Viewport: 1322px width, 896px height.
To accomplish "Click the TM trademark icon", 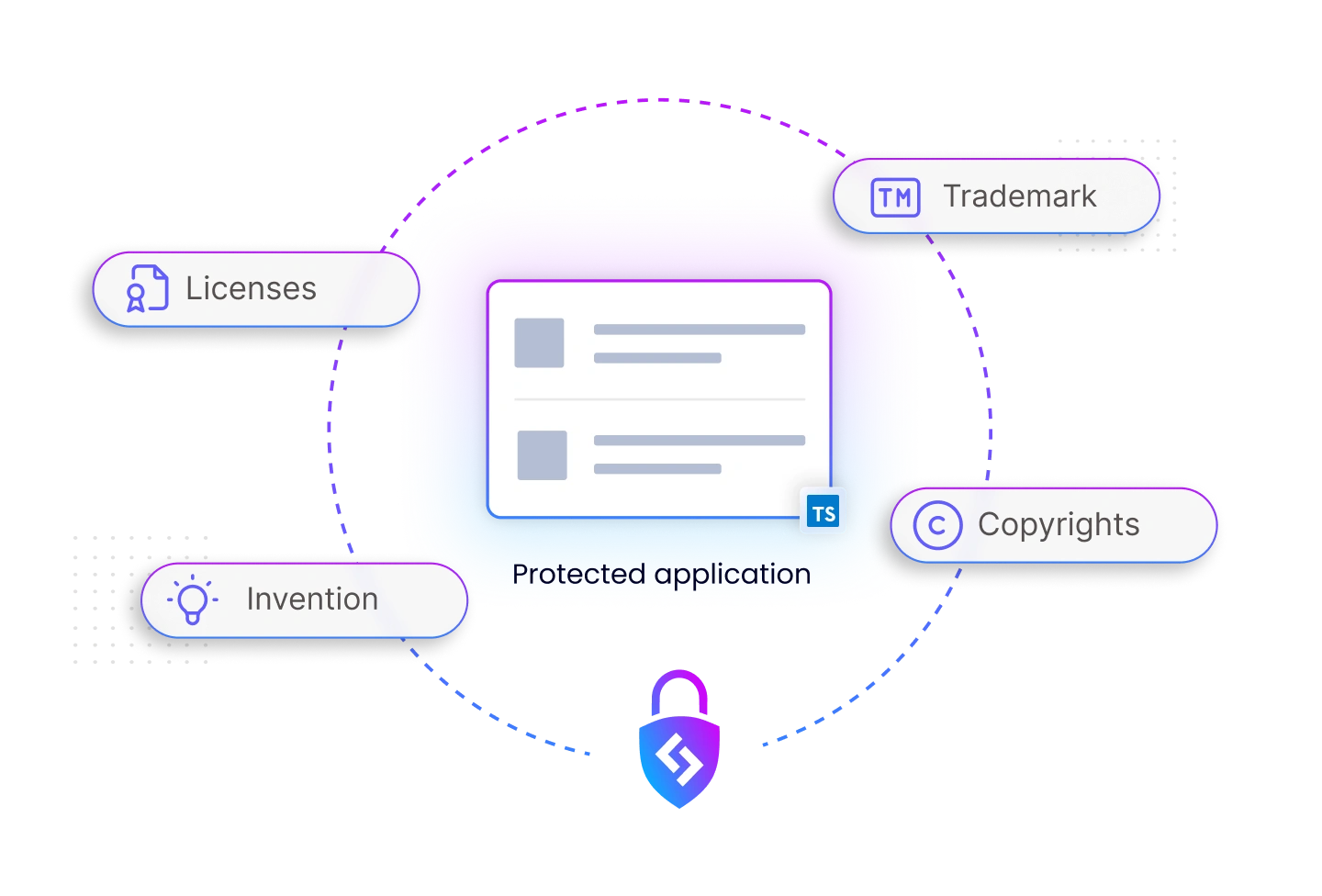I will (x=894, y=197).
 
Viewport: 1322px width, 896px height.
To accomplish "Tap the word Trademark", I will (x=1020, y=196).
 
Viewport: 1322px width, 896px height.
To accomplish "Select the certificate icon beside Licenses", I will (x=147, y=289).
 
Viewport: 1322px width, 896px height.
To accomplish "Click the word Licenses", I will (x=251, y=289).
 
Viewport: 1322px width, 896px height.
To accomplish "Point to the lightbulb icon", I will (x=193, y=599).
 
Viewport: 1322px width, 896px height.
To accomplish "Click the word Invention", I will (x=312, y=599).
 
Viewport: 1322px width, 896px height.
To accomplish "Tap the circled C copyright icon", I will (x=936, y=525).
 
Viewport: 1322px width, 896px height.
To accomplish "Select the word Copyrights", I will (x=1059, y=525).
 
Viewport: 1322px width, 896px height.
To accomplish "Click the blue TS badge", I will (x=823, y=513).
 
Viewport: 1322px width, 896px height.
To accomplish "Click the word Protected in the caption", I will (x=578, y=575).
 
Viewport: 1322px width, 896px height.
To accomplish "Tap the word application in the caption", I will (x=733, y=575).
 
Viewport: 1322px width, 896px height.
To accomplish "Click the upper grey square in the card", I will (x=539, y=343).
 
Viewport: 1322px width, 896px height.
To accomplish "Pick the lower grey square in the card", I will (x=542, y=455).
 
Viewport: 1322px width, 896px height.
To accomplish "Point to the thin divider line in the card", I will (x=659, y=399).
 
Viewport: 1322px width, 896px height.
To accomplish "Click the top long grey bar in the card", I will (x=699, y=330).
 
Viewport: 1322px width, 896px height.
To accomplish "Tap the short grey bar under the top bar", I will (x=657, y=358).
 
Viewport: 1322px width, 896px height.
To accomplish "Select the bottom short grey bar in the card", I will (x=657, y=469).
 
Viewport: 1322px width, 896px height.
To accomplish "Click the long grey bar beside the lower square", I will (x=699, y=441).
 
